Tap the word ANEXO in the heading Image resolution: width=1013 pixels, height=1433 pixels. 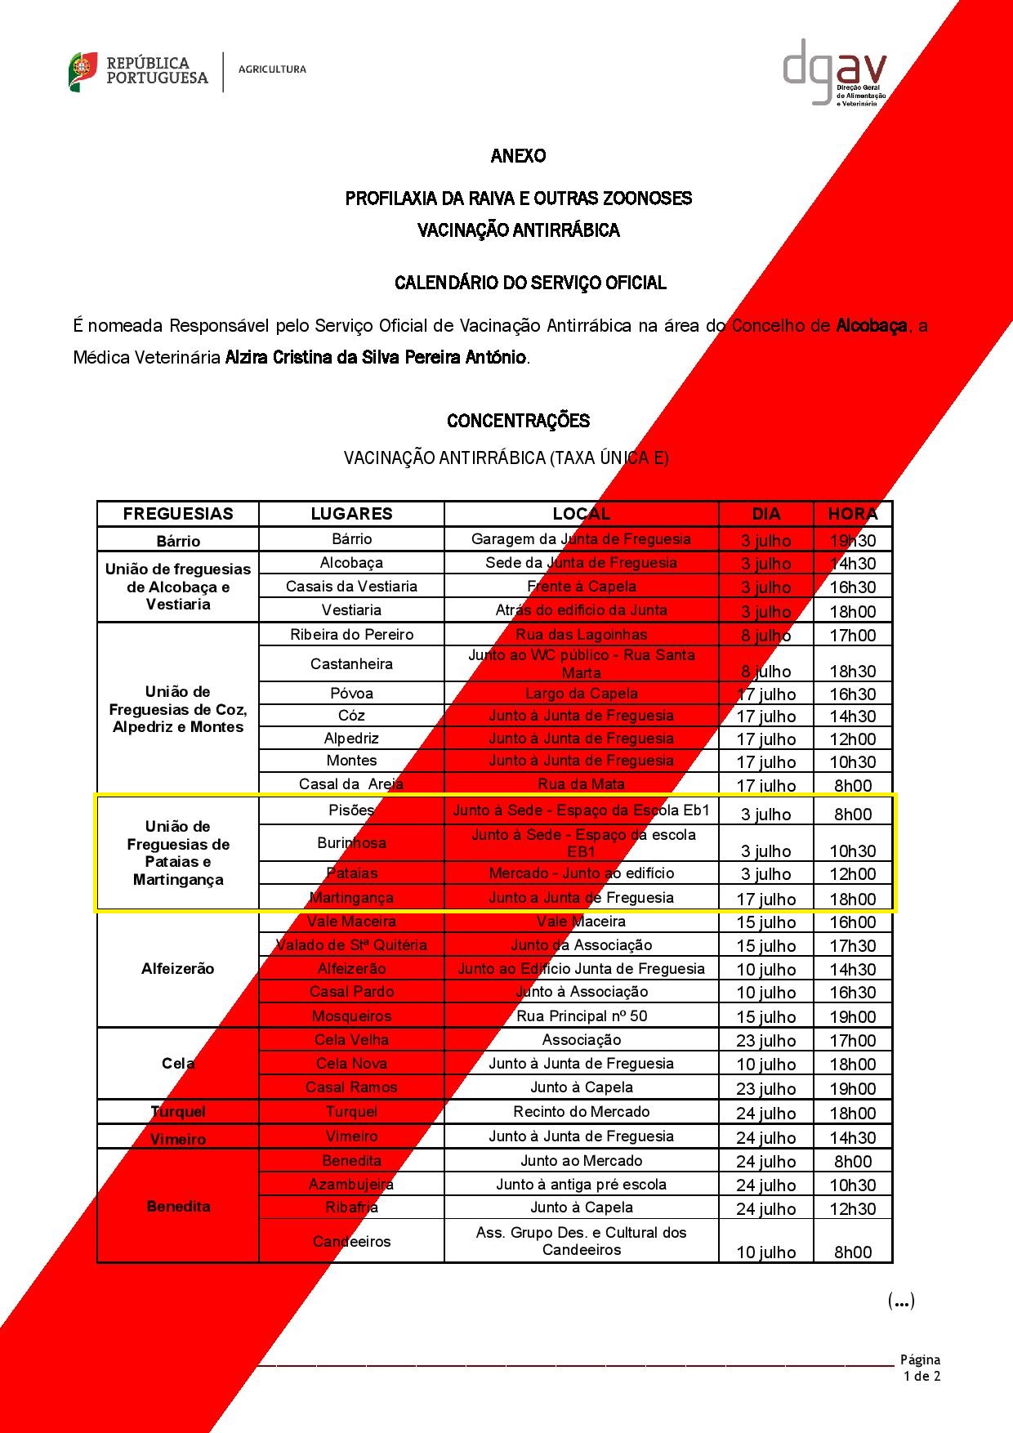click(x=518, y=155)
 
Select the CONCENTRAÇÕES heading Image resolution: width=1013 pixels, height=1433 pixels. click(x=518, y=421)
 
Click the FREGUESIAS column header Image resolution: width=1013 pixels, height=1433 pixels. click(x=178, y=514)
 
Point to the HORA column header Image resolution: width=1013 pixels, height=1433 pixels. click(x=853, y=514)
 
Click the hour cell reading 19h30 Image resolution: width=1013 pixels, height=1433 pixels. click(x=853, y=540)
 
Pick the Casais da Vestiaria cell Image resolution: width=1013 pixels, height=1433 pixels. click(x=351, y=586)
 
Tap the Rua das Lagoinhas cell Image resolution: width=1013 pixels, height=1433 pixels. click(x=581, y=634)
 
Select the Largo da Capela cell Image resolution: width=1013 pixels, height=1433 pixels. click(x=581, y=693)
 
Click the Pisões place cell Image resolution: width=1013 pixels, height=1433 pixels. click(x=351, y=810)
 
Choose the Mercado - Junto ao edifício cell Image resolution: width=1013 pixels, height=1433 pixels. click(x=581, y=873)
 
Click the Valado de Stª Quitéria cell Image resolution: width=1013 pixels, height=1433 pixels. click(x=351, y=944)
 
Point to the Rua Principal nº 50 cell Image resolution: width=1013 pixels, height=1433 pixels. click(x=581, y=1016)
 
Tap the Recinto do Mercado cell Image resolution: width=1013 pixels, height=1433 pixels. click(x=581, y=1111)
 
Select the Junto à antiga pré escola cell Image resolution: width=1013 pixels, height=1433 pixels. click(x=581, y=1184)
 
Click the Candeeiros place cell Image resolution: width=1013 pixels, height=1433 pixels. click(x=351, y=1241)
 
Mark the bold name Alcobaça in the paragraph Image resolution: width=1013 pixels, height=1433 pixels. click(x=872, y=326)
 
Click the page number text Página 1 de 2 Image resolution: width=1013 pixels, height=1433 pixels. click(x=921, y=1368)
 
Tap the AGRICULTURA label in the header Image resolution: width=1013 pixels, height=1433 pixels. click(x=272, y=69)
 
